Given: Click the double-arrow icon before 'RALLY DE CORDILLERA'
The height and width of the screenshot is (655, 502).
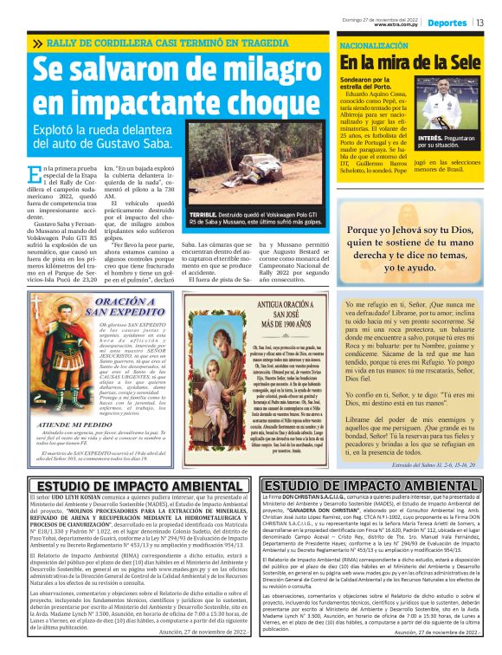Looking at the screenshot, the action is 37,43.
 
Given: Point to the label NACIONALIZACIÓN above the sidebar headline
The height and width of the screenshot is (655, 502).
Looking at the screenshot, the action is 374,43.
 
